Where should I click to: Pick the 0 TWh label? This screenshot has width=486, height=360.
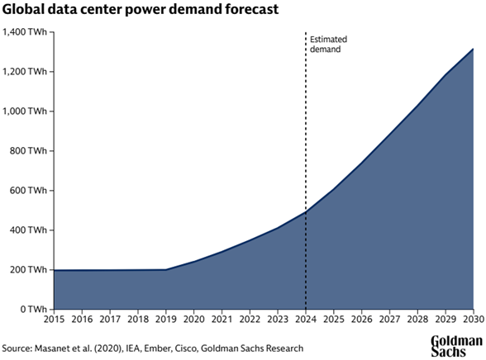point(34,310)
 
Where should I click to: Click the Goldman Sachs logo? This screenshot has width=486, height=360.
point(456,345)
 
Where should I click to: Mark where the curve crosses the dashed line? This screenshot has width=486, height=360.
point(307,212)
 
